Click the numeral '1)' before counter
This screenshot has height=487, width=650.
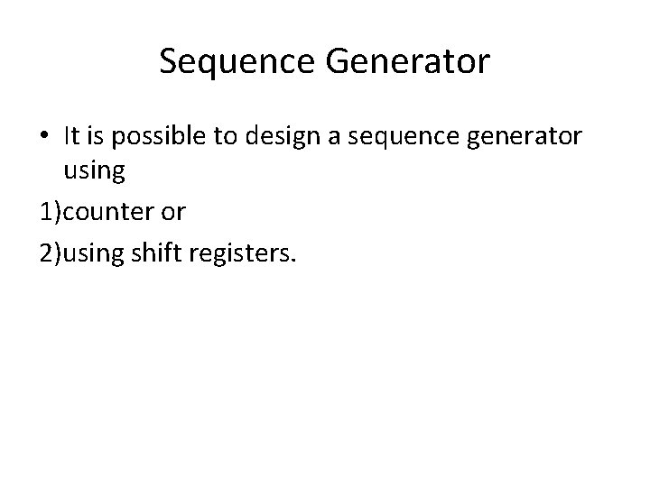[x=51, y=213]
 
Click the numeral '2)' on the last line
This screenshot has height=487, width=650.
[x=51, y=254]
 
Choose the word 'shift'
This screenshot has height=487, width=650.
[x=157, y=254]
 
